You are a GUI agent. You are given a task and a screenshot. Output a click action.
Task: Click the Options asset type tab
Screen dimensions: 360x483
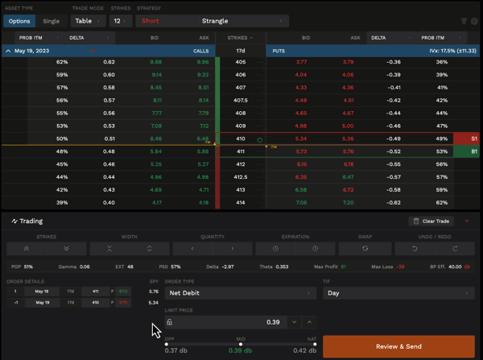(x=19, y=21)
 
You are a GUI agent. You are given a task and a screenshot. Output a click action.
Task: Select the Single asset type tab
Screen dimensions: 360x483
(x=52, y=21)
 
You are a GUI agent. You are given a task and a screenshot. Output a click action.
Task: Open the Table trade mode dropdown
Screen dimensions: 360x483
(x=88, y=21)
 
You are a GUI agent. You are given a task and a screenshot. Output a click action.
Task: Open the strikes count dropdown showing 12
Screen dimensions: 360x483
(x=121, y=21)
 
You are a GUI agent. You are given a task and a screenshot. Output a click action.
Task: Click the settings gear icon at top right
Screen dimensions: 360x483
(x=474, y=21)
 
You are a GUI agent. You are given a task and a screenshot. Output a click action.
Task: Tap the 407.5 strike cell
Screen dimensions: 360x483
(x=240, y=101)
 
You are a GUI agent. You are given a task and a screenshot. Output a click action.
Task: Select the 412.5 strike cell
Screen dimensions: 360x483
(x=240, y=177)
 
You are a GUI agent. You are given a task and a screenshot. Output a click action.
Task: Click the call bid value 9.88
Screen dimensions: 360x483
(x=155, y=62)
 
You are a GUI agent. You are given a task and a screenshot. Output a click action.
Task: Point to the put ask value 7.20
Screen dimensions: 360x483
(x=348, y=203)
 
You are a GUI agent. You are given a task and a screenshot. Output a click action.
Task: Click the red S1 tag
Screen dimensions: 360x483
(x=475, y=139)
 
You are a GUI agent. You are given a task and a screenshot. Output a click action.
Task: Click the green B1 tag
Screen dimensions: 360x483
(x=475, y=151)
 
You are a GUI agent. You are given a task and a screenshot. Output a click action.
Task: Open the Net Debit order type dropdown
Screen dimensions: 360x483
(x=239, y=293)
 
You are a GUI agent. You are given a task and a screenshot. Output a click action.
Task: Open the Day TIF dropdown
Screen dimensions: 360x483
(x=398, y=293)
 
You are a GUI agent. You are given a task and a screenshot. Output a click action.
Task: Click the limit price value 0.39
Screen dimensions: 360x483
(x=273, y=322)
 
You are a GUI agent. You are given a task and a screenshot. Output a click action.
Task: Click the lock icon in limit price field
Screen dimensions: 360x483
(x=170, y=322)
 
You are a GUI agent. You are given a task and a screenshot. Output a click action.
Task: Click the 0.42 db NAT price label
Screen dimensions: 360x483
(x=304, y=351)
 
